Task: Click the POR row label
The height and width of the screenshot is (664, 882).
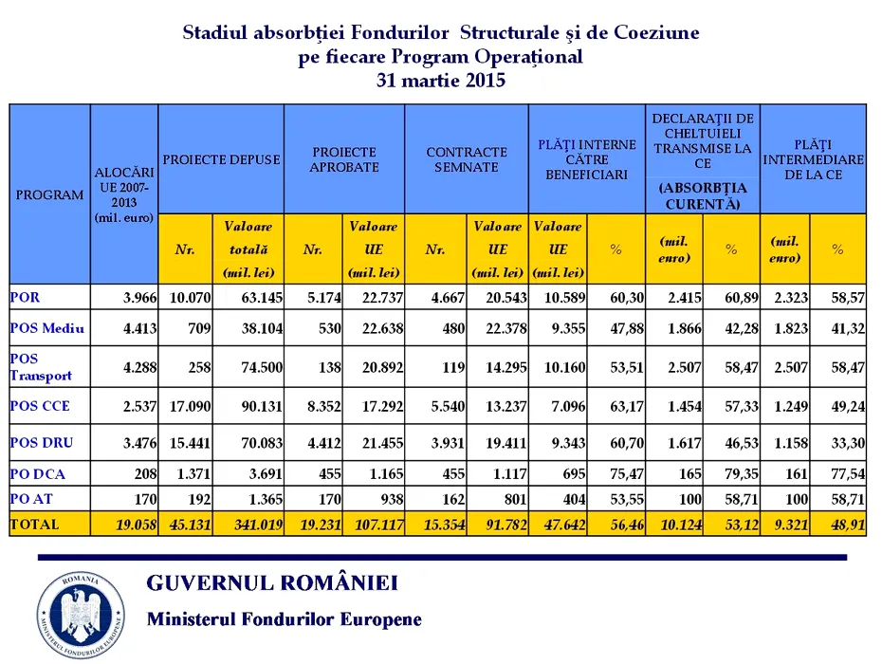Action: point(26,298)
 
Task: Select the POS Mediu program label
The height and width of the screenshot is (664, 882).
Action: point(47,329)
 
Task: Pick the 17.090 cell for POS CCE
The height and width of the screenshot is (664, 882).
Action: point(190,406)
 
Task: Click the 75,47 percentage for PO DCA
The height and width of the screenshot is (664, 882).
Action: point(627,472)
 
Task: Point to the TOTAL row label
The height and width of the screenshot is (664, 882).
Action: point(35,524)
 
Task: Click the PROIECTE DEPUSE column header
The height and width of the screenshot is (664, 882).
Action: point(221,159)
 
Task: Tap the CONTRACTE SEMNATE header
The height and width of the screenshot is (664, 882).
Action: point(466,159)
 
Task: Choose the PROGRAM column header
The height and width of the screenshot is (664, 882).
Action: point(49,194)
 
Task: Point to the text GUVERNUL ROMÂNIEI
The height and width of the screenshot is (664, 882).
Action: point(272,582)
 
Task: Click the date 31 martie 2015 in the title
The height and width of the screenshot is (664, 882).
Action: point(440,81)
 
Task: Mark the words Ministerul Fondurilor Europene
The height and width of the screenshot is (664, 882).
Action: point(284,619)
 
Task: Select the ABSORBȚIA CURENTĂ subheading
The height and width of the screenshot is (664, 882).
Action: point(703,195)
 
